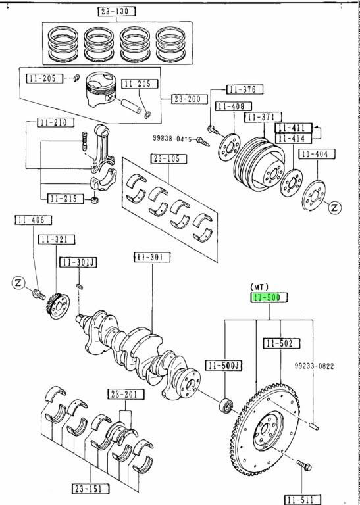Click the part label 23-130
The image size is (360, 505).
pyautogui.click(x=116, y=12)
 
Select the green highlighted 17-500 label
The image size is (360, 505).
pyautogui.click(x=269, y=298)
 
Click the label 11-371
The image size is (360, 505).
pyautogui.click(x=263, y=117)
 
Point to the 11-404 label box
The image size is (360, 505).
pyautogui.click(x=317, y=155)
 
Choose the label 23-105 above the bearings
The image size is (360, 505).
pyautogui.click(x=169, y=158)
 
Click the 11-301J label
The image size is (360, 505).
pyautogui.click(x=78, y=262)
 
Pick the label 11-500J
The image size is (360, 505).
pyautogui.click(x=224, y=365)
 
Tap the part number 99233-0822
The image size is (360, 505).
pyautogui.click(x=314, y=366)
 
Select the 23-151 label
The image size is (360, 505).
pyautogui.click(x=90, y=489)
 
